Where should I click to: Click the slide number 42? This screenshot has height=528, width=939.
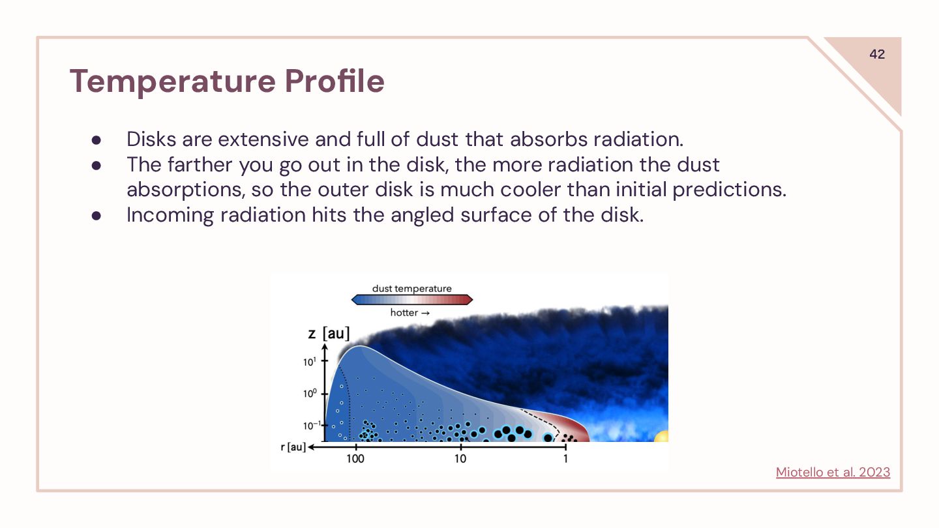(877, 54)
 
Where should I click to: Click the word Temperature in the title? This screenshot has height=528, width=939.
(173, 81)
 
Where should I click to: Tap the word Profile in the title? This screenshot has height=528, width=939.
(335, 80)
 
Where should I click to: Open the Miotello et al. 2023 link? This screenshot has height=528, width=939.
(833, 472)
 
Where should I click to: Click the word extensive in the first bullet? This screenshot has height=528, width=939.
(263, 139)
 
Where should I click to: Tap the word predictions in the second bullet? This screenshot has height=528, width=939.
(730, 190)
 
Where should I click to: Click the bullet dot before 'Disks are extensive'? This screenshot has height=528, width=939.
(97, 139)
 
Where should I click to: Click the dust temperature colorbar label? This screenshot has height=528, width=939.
(411, 288)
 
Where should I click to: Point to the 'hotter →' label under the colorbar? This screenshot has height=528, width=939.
(410, 313)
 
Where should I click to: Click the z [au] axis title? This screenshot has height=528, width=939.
(329, 334)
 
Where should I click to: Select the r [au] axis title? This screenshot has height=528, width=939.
(293, 447)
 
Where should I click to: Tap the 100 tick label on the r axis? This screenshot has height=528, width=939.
(355, 459)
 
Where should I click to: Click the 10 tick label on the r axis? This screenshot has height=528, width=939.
(460, 459)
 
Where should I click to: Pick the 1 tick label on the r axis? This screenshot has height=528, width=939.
(565, 459)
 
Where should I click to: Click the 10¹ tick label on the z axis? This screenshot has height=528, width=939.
(309, 362)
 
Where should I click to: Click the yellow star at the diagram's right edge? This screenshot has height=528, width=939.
(662, 436)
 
